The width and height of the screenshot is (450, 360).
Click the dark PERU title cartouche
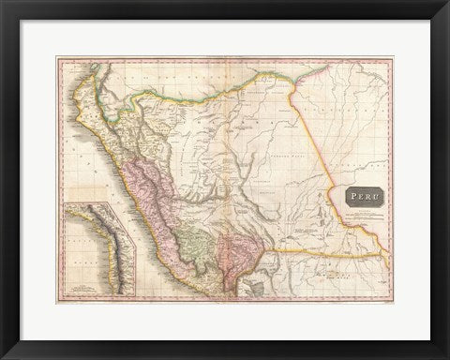357,196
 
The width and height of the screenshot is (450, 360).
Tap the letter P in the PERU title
350,196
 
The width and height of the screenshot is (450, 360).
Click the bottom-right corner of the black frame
446,356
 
